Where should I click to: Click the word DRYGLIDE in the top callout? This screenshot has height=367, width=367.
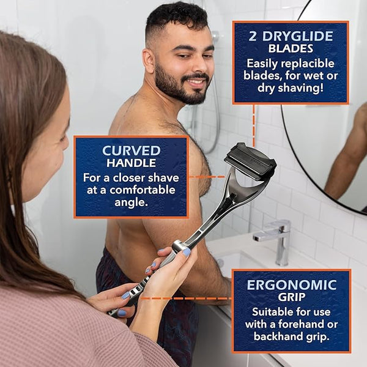[x=297, y=36]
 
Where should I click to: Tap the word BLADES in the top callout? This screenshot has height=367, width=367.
[x=291, y=49]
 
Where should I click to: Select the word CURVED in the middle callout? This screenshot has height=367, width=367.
[x=132, y=150]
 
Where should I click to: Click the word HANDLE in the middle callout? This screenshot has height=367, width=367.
[x=132, y=163]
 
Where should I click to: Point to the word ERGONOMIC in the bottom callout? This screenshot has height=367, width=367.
[x=292, y=285]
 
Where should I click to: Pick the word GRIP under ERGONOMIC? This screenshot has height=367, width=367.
[x=292, y=297]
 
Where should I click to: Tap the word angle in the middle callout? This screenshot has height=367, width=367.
[x=131, y=202]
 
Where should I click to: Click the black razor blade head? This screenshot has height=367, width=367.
[x=250, y=160]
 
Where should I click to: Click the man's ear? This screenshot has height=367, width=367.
[x=149, y=61]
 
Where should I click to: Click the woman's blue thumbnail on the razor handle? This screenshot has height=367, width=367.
[x=187, y=252]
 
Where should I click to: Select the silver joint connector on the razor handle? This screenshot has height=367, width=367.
[x=179, y=247]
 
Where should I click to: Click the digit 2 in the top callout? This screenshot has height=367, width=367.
[x=253, y=37]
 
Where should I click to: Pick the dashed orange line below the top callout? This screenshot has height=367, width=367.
[x=254, y=126]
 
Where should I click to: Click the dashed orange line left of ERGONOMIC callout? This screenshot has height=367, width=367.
[x=187, y=298]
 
